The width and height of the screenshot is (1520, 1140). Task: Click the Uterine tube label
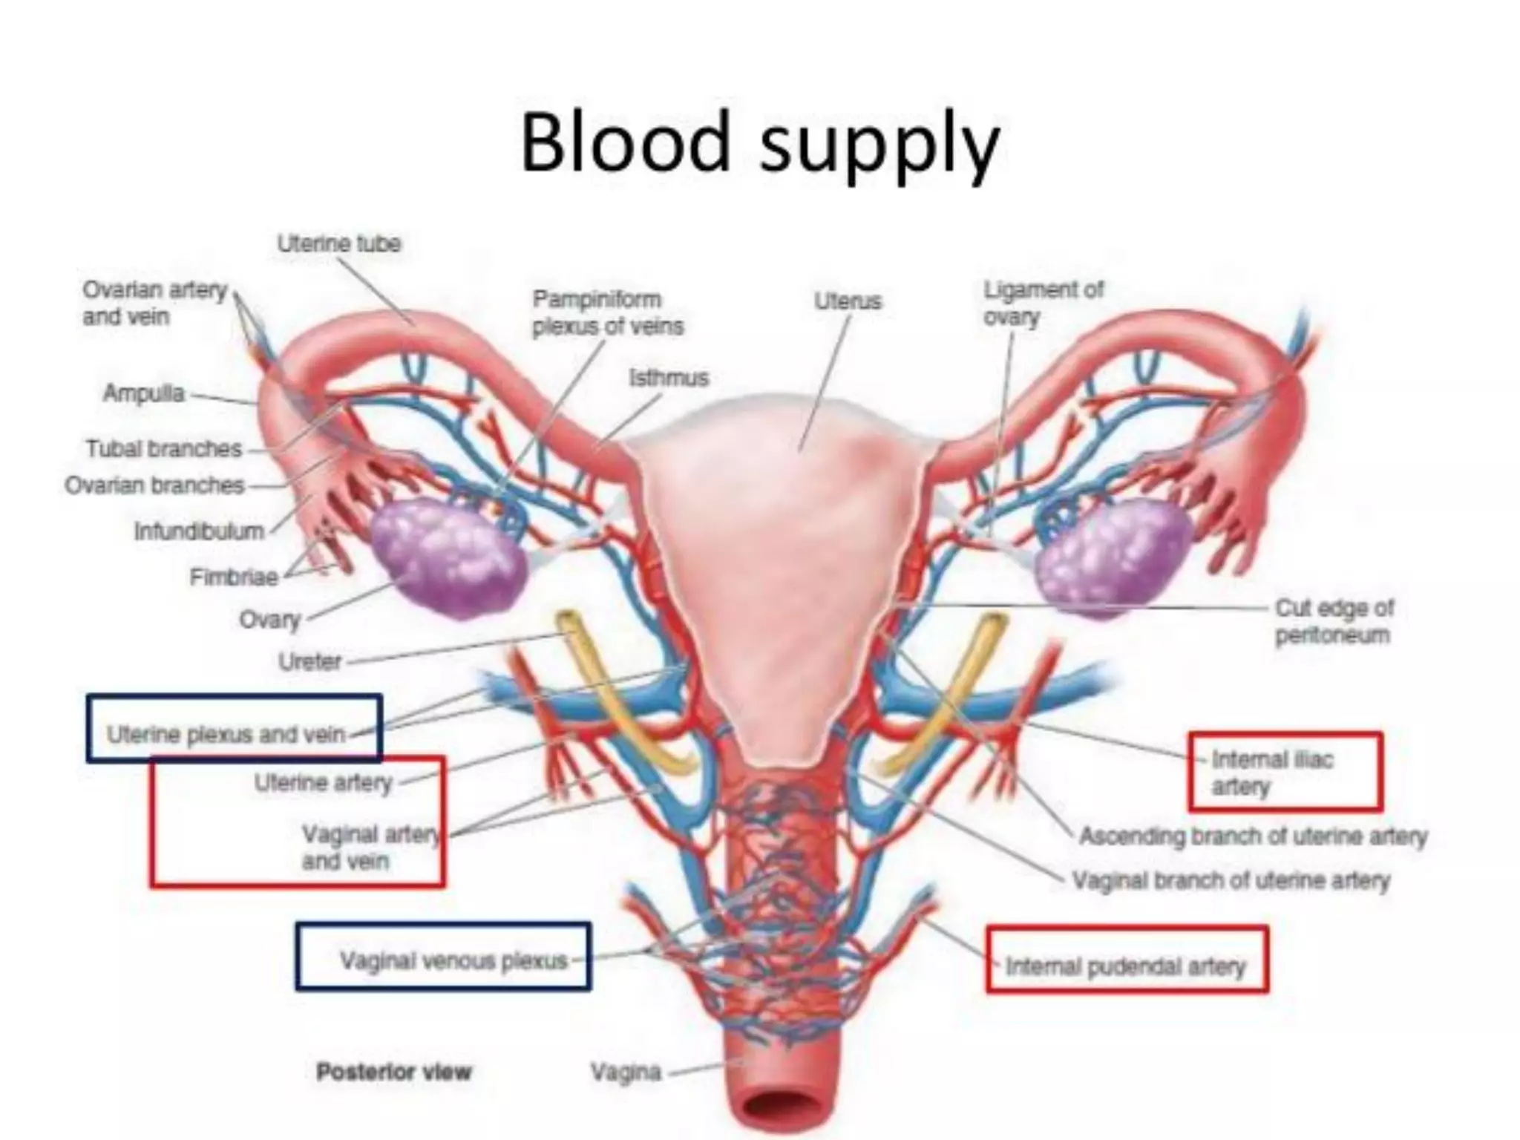click(339, 243)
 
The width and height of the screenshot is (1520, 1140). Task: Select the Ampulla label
click(144, 393)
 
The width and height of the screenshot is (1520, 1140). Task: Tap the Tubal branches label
click(164, 449)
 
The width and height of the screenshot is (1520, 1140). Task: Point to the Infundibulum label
click(199, 531)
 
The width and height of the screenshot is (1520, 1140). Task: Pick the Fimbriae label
click(234, 577)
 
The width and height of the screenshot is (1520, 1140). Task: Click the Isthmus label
click(669, 378)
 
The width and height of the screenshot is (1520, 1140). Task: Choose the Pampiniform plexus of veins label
click(607, 312)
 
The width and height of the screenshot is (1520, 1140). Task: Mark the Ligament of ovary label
click(1043, 303)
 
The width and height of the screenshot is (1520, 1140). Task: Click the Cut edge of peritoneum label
click(1334, 621)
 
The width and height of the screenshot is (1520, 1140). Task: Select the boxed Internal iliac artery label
click(1271, 772)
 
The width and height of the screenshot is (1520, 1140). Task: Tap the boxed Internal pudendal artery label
click(1125, 966)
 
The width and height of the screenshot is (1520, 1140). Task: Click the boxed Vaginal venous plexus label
click(453, 961)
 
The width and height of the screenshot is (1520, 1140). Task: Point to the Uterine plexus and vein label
click(226, 735)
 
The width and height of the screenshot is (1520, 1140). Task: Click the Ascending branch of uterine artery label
click(1253, 836)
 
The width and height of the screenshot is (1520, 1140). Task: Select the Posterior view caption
click(394, 1072)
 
